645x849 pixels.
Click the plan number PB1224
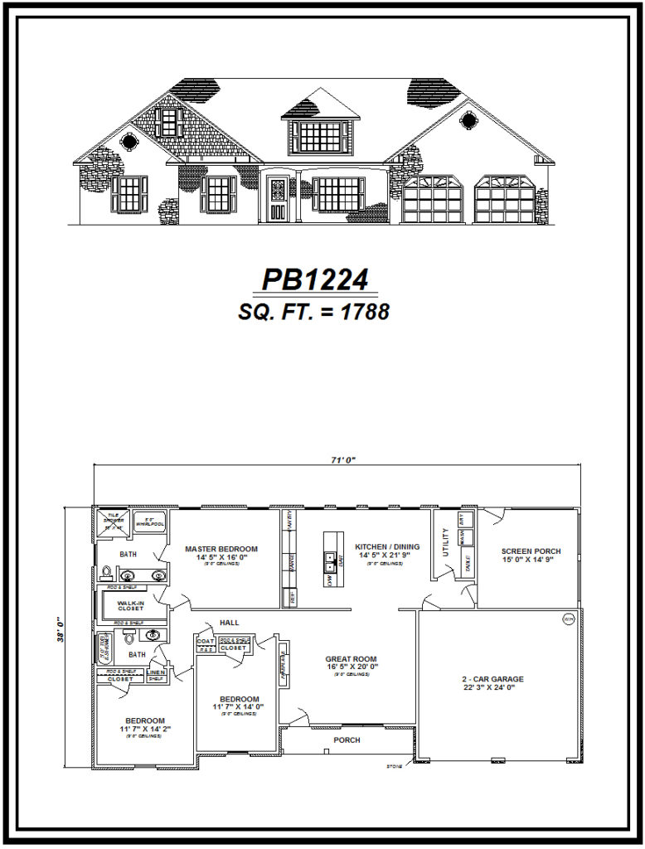point(314,280)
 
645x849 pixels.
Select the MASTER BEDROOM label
point(221,549)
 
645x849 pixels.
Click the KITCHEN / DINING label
point(387,547)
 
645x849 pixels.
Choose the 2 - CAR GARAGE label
point(492,679)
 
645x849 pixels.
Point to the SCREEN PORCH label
point(531,551)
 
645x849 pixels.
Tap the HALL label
point(229,623)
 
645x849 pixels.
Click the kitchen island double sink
point(329,558)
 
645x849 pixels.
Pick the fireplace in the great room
point(284,661)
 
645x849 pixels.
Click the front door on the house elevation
point(277,199)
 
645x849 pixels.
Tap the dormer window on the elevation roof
point(321,134)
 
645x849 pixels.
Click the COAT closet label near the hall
point(205,640)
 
